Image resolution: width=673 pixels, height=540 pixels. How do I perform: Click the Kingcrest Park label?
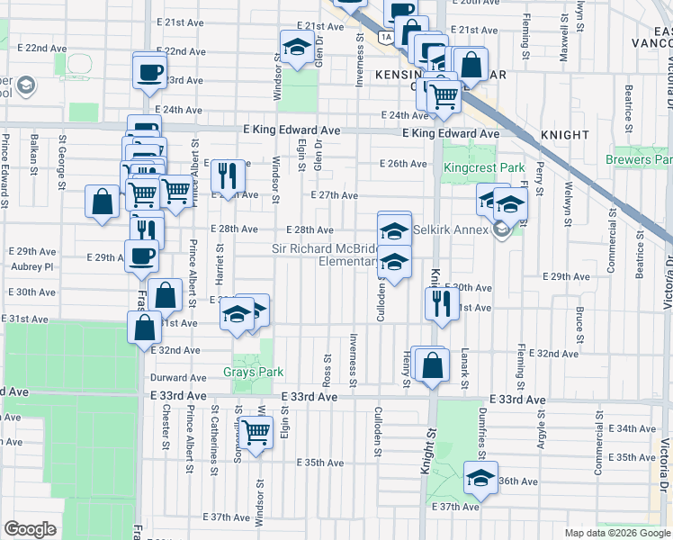coord(483,168)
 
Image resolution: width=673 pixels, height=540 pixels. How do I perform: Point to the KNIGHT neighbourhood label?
coord(565,134)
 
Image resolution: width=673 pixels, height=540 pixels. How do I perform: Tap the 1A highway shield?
coord(385,37)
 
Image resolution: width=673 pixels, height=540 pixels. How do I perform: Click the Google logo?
coord(30,529)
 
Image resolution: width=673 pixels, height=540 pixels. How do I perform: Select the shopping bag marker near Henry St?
coord(432,364)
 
